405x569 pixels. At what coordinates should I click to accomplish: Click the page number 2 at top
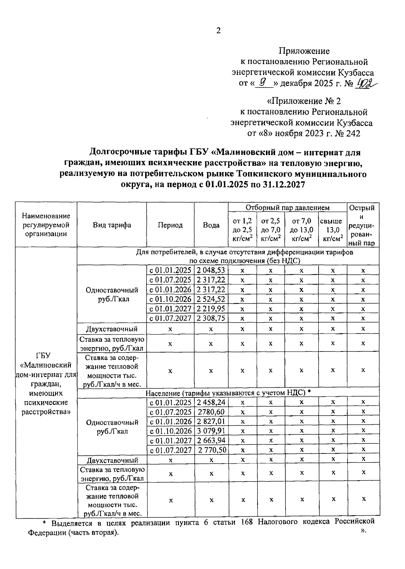click(218, 31)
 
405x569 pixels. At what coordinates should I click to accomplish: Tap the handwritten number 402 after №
click(366, 83)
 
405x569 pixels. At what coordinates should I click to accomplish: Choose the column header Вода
click(211, 225)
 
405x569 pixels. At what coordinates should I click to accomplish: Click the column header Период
click(170, 225)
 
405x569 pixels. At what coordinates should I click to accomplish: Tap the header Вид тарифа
click(112, 225)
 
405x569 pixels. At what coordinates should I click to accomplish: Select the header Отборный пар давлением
click(287, 207)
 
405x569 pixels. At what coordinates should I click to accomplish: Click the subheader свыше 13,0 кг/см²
click(332, 230)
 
